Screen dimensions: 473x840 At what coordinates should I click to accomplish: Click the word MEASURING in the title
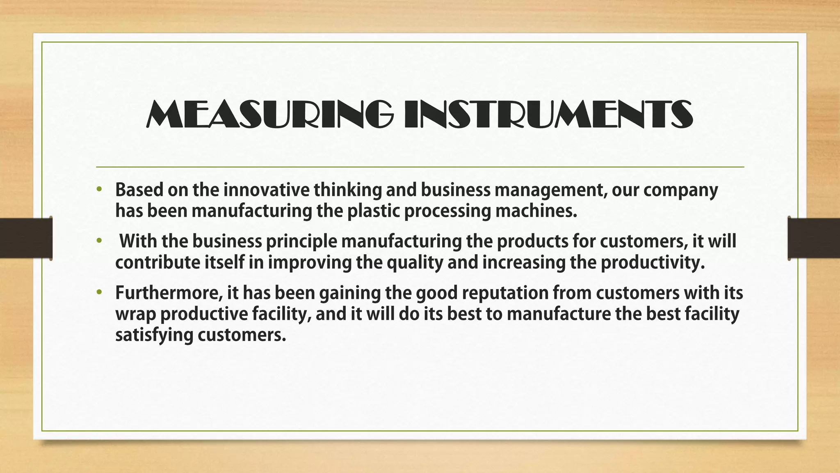click(269, 114)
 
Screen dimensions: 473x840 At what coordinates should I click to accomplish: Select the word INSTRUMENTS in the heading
click(548, 114)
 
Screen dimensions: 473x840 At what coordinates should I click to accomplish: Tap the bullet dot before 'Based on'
click(98, 190)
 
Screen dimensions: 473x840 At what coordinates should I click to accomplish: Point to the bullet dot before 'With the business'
click(98, 241)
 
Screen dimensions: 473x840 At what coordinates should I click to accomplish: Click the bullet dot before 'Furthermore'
click(98, 293)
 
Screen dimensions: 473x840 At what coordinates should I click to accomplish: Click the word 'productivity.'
click(653, 263)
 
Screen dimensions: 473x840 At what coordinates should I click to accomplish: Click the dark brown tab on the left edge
click(26, 238)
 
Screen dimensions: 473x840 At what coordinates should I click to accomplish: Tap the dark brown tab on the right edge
click(814, 238)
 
